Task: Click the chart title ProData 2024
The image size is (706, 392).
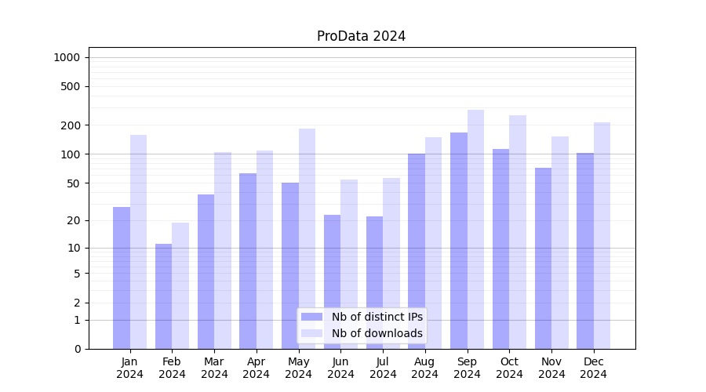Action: click(x=361, y=36)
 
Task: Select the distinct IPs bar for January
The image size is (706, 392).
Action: click(x=122, y=278)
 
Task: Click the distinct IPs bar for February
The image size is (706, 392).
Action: click(x=163, y=296)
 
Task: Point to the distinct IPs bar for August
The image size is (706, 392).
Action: click(x=417, y=251)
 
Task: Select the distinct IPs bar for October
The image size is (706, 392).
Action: click(x=500, y=249)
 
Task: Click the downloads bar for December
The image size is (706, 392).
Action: click(x=602, y=235)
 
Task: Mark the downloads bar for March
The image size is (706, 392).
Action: click(x=223, y=250)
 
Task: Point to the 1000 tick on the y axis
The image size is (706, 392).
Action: click(x=67, y=57)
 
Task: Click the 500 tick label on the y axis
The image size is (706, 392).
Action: click(x=71, y=86)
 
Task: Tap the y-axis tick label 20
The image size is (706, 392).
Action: click(x=74, y=220)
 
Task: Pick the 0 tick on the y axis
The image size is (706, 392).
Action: click(x=77, y=349)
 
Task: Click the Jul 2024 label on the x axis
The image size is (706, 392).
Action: click(x=383, y=368)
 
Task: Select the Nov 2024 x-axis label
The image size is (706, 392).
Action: click(x=551, y=368)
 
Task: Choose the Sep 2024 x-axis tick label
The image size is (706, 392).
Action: click(x=467, y=368)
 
